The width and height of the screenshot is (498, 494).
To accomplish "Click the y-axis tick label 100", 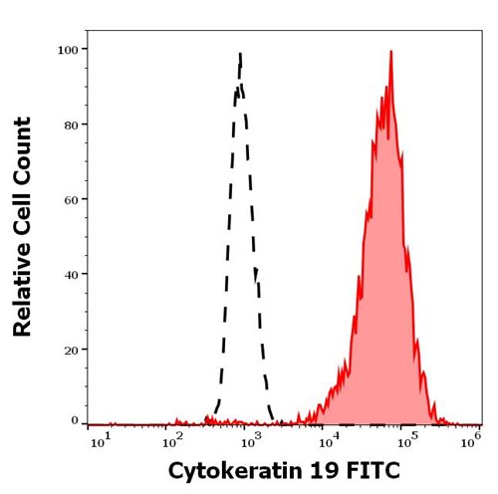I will coord(70,49).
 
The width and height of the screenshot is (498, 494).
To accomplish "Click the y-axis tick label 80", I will coord(73,123).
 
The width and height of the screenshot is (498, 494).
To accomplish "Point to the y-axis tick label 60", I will coord(73,198).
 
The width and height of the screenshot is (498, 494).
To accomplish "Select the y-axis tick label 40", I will coord(73,273).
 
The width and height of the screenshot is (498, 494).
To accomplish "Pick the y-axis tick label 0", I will coord(76,421).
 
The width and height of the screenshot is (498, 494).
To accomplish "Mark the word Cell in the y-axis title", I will coord(22,217).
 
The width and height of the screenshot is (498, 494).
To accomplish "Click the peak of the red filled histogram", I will coord(390,53).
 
